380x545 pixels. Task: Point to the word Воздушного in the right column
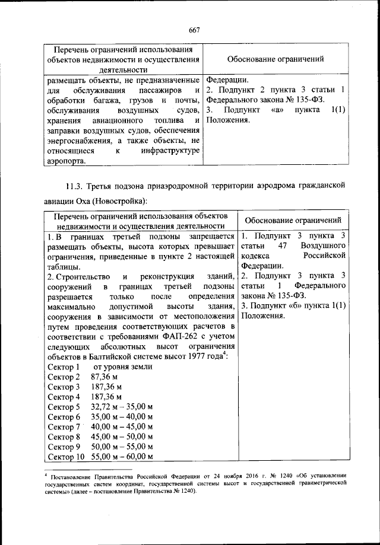point(324,245)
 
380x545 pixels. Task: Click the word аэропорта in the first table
point(65,161)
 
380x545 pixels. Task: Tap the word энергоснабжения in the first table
point(80,141)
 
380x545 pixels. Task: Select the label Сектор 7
point(64,427)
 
